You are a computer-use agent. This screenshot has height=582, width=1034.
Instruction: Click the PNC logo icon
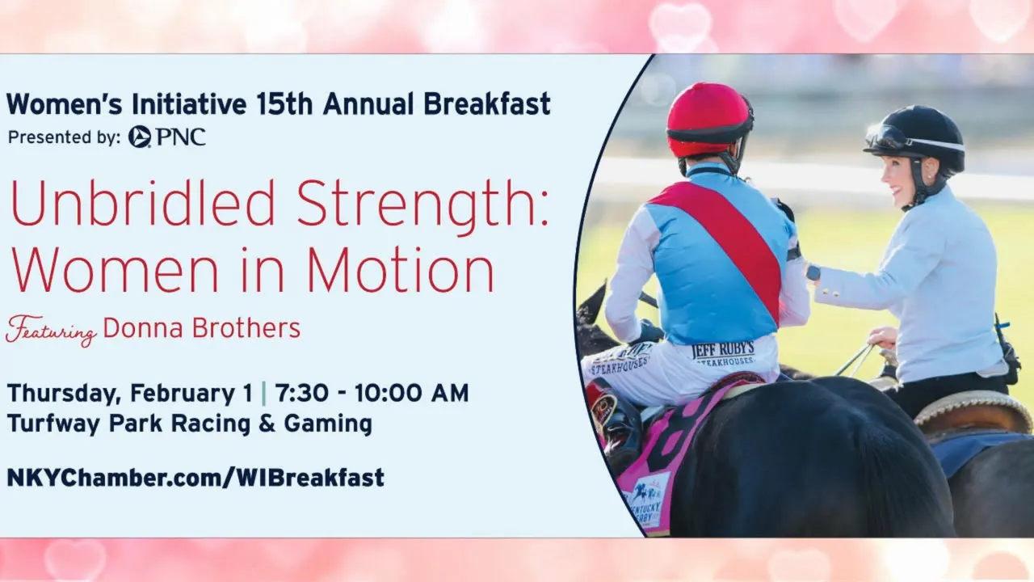click(x=140, y=137)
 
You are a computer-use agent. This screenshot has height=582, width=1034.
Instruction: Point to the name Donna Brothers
click(x=202, y=328)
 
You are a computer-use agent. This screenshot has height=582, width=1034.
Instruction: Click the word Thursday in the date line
click(x=64, y=394)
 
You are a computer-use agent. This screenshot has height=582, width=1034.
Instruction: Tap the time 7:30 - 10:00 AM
click(x=372, y=393)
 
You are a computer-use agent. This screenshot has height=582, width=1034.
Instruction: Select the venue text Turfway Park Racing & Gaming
click(x=190, y=424)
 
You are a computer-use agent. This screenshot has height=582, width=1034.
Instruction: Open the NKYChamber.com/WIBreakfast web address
click(x=195, y=478)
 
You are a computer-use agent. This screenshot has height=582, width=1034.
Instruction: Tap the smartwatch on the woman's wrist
click(x=813, y=272)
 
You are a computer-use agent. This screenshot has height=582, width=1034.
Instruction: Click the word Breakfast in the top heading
click(x=487, y=104)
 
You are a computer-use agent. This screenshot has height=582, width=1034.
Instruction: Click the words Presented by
click(x=64, y=137)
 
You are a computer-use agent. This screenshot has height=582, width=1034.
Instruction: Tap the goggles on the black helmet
click(x=889, y=135)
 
